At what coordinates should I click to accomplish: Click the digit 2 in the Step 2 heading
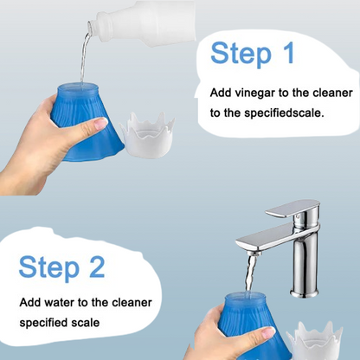coord(97,267)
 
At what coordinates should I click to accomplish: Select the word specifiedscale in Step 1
coord(285,112)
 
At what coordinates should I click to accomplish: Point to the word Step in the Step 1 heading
coord(241,54)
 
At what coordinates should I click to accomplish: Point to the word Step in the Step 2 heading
coord(49,267)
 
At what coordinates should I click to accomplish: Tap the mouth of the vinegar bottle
coord(91,27)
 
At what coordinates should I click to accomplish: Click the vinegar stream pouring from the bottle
coord(84,58)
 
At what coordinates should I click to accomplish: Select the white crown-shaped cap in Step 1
coord(147,135)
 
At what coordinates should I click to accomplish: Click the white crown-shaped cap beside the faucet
coord(315,341)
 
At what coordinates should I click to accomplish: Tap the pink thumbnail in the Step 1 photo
coord(101,123)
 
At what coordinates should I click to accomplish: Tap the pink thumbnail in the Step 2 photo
coord(268,332)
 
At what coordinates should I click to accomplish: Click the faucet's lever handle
coord(292,209)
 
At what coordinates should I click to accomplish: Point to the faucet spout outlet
coord(254,254)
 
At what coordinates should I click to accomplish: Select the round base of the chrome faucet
coord(305,293)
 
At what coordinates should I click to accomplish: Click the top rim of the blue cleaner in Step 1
coord(78,87)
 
